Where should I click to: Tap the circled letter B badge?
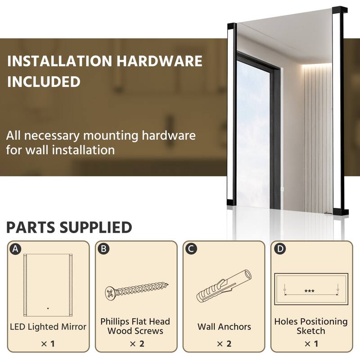coord(103,249)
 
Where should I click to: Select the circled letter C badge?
coord(191,249)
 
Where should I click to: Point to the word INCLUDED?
coord(43,81)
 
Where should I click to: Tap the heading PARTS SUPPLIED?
coord(69,227)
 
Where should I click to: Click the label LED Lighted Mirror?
coord(48,326)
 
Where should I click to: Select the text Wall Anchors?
coord(224,327)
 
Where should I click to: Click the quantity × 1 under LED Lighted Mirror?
coord(48,344)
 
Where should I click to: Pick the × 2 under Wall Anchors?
coord(224,344)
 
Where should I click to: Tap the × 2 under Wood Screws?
coord(136,344)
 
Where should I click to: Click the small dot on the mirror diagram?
coord(47,309)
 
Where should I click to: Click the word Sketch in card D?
coord(311,331)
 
